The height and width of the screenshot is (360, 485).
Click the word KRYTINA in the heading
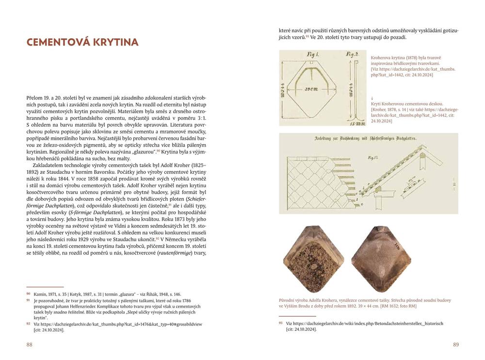[x=113, y=42]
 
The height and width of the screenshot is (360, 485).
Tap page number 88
[x=30, y=344]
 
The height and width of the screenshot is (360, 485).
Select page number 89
[x=455, y=344]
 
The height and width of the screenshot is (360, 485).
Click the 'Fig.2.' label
[x=353, y=54]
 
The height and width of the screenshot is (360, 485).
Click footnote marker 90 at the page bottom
[x=28, y=294]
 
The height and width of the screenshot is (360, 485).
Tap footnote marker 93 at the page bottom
[x=280, y=323]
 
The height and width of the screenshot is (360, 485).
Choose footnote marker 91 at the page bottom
[x=28, y=301]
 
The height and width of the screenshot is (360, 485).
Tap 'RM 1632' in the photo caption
[x=386, y=306]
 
